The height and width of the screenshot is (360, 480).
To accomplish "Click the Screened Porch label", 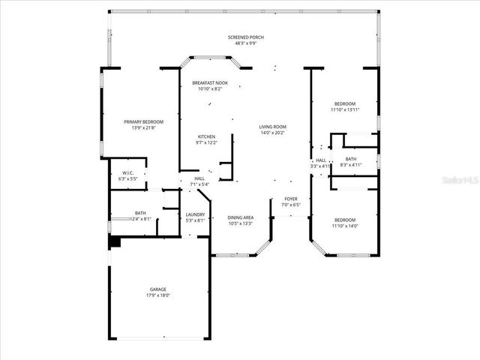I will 246,37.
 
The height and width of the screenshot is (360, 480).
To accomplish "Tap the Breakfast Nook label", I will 210,82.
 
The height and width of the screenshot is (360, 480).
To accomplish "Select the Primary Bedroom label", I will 143,121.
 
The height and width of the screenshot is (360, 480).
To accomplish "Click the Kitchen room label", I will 206,136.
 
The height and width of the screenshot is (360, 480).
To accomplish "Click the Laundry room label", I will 195,214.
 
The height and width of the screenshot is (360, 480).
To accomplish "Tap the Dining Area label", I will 240,217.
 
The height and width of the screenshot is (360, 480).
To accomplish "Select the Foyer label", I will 290,199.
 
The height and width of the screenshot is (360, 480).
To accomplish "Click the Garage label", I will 157,289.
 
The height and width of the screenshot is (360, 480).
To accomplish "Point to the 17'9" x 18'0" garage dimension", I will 157,295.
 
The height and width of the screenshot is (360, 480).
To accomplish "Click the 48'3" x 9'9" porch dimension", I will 246,43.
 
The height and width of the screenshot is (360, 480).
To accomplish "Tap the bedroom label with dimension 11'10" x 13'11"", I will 345,103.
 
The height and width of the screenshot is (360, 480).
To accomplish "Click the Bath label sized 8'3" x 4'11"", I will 351,159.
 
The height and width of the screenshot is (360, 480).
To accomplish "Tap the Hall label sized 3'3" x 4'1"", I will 320,160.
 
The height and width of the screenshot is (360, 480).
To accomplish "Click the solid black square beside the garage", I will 115,242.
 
